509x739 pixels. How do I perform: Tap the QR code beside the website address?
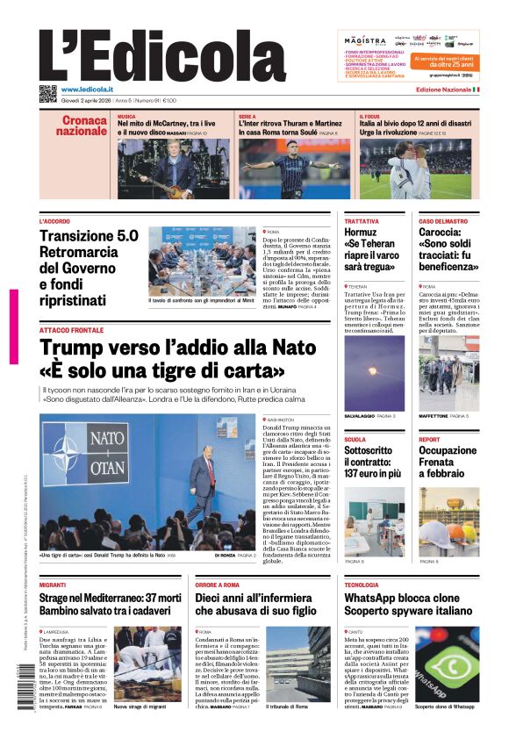click(x=47, y=94)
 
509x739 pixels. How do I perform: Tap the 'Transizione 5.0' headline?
click(x=89, y=235)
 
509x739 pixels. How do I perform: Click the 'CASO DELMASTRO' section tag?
click(x=443, y=221)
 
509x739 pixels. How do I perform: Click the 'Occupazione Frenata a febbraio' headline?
click(x=448, y=462)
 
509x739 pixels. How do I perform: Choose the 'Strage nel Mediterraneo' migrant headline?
click(x=110, y=598)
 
